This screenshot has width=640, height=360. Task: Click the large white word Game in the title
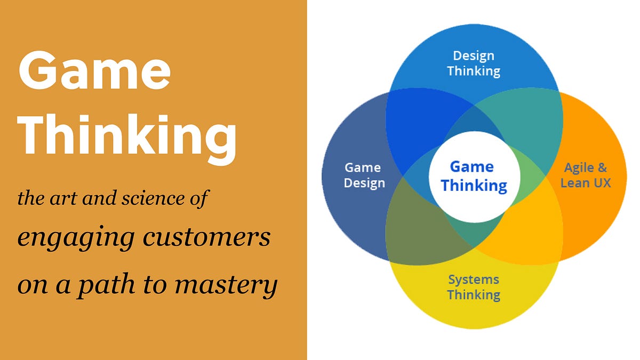point(94,70)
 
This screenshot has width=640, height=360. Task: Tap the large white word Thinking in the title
point(127,139)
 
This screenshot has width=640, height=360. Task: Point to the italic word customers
point(206,238)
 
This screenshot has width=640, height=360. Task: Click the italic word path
point(106,285)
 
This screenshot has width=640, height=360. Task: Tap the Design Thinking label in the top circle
point(474,63)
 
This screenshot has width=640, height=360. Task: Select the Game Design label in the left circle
point(364,175)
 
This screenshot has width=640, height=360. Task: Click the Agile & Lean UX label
point(586,175)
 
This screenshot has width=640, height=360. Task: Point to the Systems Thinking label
point(474,287)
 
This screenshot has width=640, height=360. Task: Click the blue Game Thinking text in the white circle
point(474,177)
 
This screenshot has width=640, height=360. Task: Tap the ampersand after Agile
point(602,167)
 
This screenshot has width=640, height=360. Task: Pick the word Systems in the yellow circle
point(474,280)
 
